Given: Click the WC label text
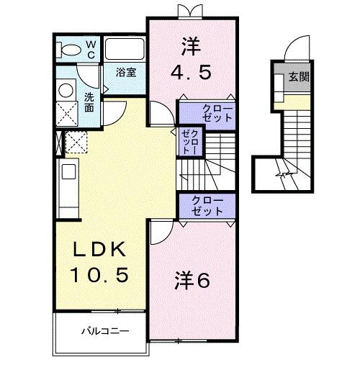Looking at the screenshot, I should [x=91, y=49].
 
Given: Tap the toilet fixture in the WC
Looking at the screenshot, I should [x=70, y=50].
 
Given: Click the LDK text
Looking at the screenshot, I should [x=101, y=250].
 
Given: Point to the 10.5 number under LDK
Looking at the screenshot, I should [x=101, y=274].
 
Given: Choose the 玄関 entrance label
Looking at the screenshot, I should [x=299, y=76].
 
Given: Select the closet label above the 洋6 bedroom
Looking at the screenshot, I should [x=207, y=205].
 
